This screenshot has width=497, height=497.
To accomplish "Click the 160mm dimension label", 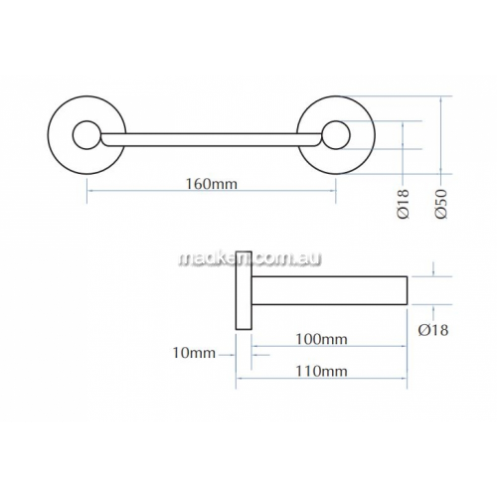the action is [212, 183].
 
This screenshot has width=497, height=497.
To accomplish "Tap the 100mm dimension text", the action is [321, 339].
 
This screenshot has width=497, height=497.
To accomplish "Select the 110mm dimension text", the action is [321, 371].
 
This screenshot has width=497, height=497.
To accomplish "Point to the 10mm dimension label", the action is [194, 353].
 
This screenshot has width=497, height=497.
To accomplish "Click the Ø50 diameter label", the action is [441, 204].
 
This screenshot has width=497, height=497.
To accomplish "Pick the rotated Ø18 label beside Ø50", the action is [404, 204].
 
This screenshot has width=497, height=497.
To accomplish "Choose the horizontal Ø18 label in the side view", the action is [433, 330].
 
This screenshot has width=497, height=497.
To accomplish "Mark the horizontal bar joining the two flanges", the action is [211, 139].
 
